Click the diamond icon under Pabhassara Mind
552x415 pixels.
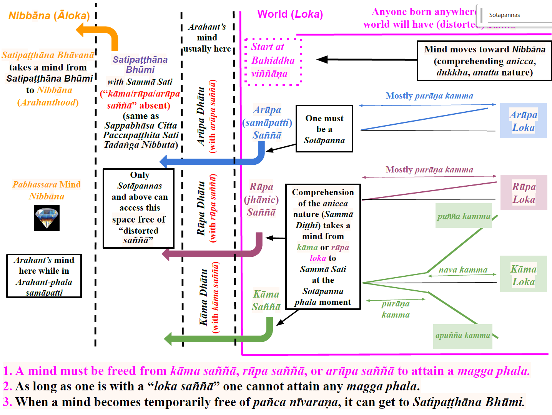(x=47, y=218)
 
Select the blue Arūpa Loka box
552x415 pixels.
(x=523, y=120)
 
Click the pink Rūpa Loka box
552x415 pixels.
(x=524, y=192)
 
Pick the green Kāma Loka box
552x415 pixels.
(x=523, y=274)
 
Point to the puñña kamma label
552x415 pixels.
(x=464, y=216)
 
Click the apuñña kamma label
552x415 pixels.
(x=462, y=335)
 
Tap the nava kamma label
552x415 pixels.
(x=463, y=269)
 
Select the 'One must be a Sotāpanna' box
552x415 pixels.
(x=324, y=129)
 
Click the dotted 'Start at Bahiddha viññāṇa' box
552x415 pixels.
(x=273, y=60)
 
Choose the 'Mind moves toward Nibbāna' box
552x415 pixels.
(x=484, y=61)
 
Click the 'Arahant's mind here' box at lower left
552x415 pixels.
(x=44, y=276)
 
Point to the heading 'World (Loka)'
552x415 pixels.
(x=290, y=14)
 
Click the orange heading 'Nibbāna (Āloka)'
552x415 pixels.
(x=49, y=15)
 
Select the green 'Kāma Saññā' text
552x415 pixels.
(x=266, y=300)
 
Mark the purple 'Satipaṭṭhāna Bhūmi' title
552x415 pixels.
(x=140, y=64)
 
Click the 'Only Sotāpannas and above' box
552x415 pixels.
(x=139, y=208)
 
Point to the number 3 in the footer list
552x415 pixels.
(x=7, y=402)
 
